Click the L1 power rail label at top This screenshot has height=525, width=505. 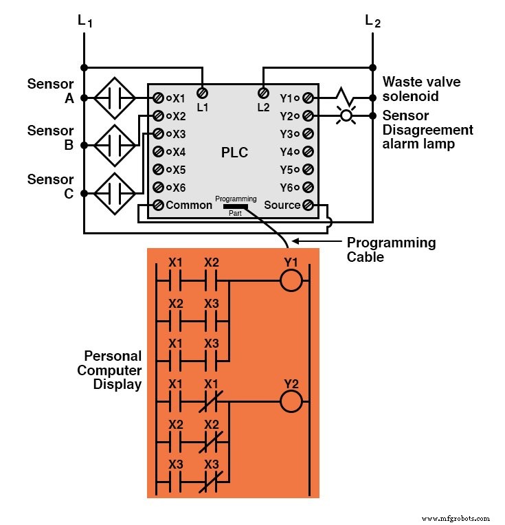(x=85, y=23)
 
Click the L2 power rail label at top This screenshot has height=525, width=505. (x=372, y=23)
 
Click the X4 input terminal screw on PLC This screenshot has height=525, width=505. (x=158, y=151)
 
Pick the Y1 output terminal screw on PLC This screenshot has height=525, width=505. (x=308, y=98)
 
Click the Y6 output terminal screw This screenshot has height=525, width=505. (x=308, y=187)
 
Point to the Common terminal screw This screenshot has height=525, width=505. (x=158, y=205)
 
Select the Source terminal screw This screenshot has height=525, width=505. (x=308, y=205)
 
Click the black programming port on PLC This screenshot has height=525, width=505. (x=236, y=205)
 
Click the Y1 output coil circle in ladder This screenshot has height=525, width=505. (x=291, y=281)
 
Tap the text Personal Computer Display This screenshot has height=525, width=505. (x=113, y=370)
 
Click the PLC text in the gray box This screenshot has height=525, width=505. (x=235, y=153)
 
